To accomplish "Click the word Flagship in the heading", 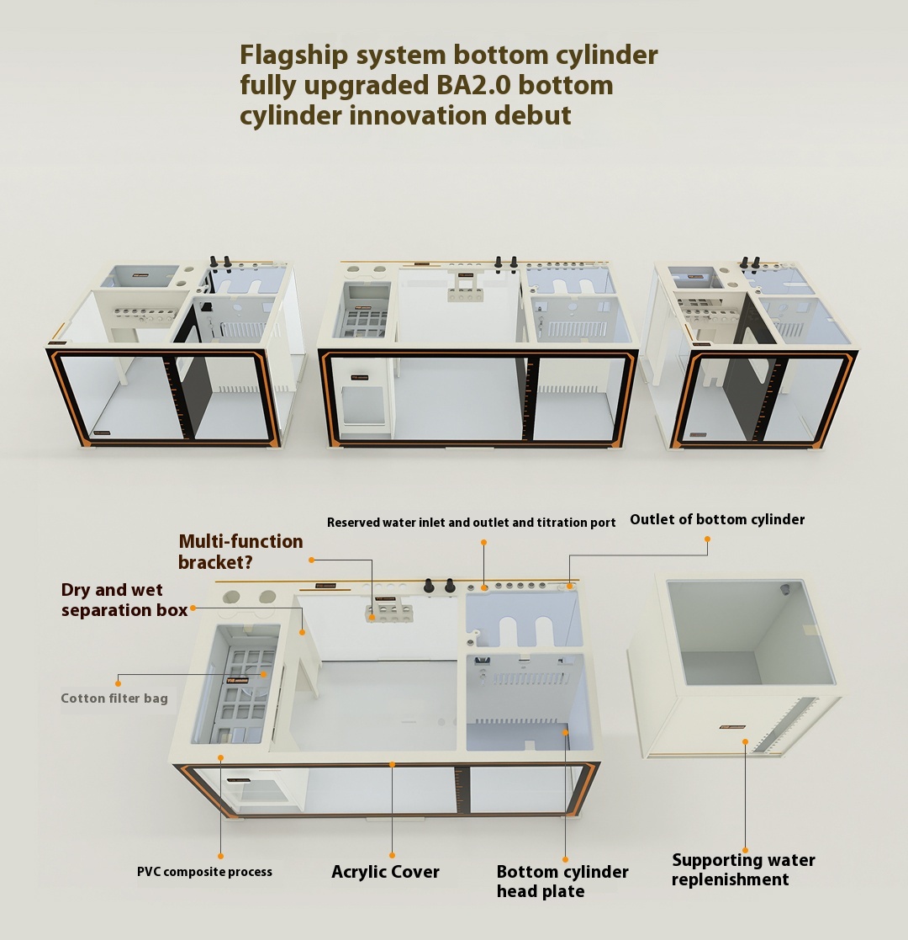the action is click(x=293, y=56).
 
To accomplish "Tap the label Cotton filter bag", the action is click(x=114, y=698).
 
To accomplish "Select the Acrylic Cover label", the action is click(x=385, y=872).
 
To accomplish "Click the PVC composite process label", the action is click(x=204, y=873).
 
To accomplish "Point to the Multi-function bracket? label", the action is click(x=240, y=551).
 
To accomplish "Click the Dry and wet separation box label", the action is click(x=124, y=599).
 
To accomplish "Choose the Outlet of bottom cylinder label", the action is click(x=717, y=519).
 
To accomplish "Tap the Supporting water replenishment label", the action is click(x=743, y=869).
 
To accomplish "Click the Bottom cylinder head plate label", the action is click(x=562, y=881).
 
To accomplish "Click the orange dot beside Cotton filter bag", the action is click(x=118, y=683).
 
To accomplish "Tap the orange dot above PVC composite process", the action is click(x=220, y=856).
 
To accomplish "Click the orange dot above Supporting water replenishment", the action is click(x=745, y=850).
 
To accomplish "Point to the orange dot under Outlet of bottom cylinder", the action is click(x=707, y=539).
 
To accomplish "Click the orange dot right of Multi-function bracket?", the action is click(x=311, y=560).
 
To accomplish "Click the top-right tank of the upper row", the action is click(x=750, y=355).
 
